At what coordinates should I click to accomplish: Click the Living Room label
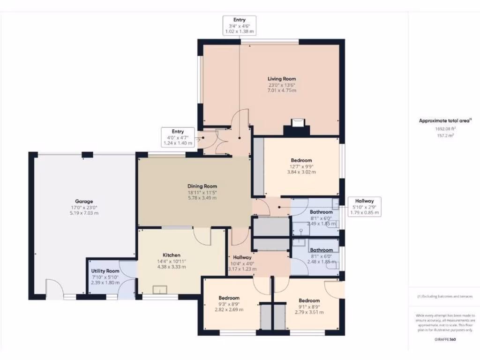click(x=282, y=79)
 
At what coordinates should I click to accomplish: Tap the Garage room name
click(x=84, y=201)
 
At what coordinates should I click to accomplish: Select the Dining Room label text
click(x=202, y=186)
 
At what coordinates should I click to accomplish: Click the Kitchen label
click(x=172, y=255)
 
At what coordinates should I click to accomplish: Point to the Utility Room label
click(x=105, y=271)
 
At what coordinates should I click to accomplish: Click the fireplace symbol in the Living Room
click(x=297, y=124)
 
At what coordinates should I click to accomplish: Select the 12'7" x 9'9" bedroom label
click(x=301, y=160)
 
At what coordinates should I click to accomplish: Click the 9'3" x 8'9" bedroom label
click(x=229, y=298)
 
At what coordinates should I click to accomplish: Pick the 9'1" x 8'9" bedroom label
click(x=309, y=300)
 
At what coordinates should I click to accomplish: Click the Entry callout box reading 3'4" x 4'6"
click(x=240, y=26)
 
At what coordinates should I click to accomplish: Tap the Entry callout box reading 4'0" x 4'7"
click(x=178, y=137)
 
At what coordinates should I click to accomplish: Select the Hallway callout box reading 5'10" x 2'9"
click(x=364, y=207)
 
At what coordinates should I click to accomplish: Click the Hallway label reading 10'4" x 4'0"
click(x=243, y=257)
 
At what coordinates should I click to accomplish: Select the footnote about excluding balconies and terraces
click(x=445, y=296)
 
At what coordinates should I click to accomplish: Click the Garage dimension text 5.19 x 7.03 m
click(x=84, y=213)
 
